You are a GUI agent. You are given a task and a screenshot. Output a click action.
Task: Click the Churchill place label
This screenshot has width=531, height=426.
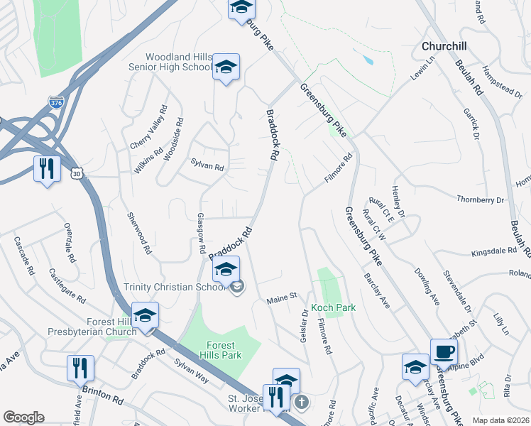pyautogui.click(x=444, y=45)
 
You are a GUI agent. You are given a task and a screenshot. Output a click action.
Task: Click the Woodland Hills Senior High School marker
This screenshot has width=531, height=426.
pyautogui.click(x=226, y=67)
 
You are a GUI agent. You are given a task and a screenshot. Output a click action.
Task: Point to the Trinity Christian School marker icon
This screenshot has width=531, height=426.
pyautogui.click(x=226, y=270)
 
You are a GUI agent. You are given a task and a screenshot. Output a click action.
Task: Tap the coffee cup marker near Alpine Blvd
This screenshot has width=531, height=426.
pyautogui.click(x=444, y=351)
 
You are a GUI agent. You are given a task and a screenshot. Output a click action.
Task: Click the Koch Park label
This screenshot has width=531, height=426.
pyautogui.click(x=333, y=308)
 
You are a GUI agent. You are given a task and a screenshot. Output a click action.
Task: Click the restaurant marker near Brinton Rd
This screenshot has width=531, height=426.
pyautogui.click(x=80, y=368)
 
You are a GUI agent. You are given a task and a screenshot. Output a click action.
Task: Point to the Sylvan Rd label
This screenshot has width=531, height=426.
pyautogui.click(x=207, y=168)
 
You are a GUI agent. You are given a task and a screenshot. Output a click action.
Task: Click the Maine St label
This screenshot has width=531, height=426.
pyautogui.click(x=281, y=302)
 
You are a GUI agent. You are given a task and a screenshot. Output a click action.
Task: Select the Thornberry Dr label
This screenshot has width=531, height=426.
pyautogui.click(x=480, y=200)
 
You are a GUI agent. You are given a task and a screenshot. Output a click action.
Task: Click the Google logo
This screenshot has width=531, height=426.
pyautogui.click(x=23, y=417)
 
